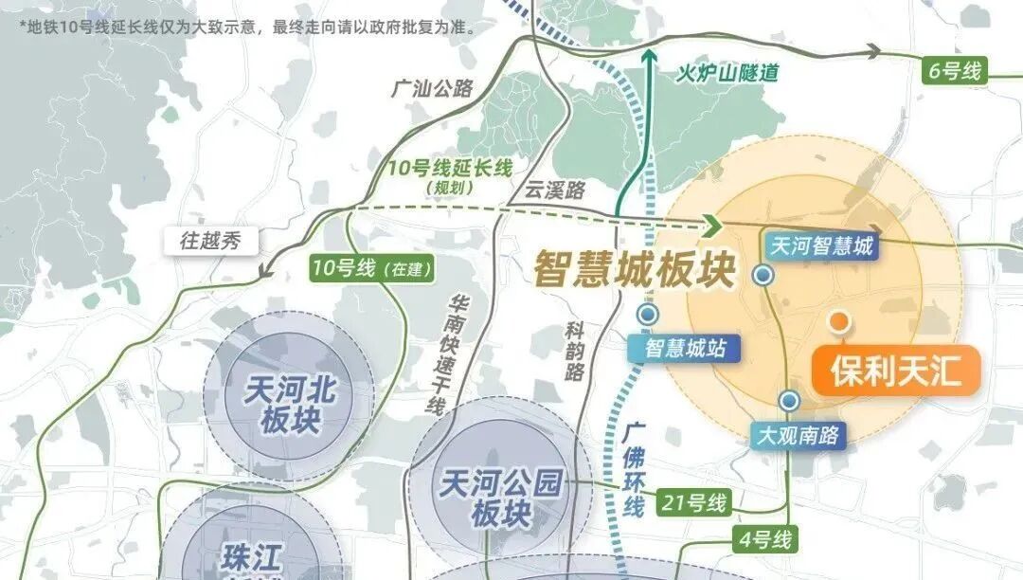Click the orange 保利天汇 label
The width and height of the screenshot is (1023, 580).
[x=895, y=372]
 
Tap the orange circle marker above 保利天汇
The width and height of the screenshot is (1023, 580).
[x=838, y=321]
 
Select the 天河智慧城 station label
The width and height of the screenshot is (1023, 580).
[x=821, y=247]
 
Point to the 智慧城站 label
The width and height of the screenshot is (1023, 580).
[x=686, y=348]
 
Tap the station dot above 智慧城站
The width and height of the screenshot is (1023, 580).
[x=648, y=314]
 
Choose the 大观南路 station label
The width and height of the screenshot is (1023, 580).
[x=799, y=436]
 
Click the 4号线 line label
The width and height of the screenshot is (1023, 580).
[x=764, y=541]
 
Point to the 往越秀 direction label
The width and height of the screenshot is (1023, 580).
[x=211, y=241]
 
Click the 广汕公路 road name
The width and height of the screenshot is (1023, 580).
[x=431, y=90]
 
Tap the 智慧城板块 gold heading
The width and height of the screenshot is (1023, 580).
[x=634, y=268]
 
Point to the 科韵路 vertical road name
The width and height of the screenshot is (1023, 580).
[x=574, y=350]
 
